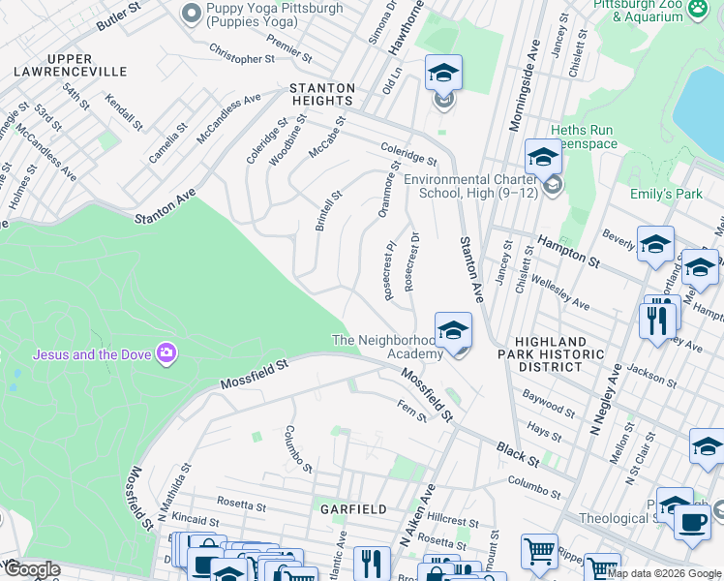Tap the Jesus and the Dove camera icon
[166, 353]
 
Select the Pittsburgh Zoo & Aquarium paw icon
[698, 10]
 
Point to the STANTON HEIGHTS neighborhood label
[322, 94]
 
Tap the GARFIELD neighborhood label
[354, 508]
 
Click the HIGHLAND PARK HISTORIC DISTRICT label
[550, 355]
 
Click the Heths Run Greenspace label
[583, 138]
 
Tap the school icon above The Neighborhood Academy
[453, 332]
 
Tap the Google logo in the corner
[31, 569]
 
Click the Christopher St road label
[242, 58]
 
